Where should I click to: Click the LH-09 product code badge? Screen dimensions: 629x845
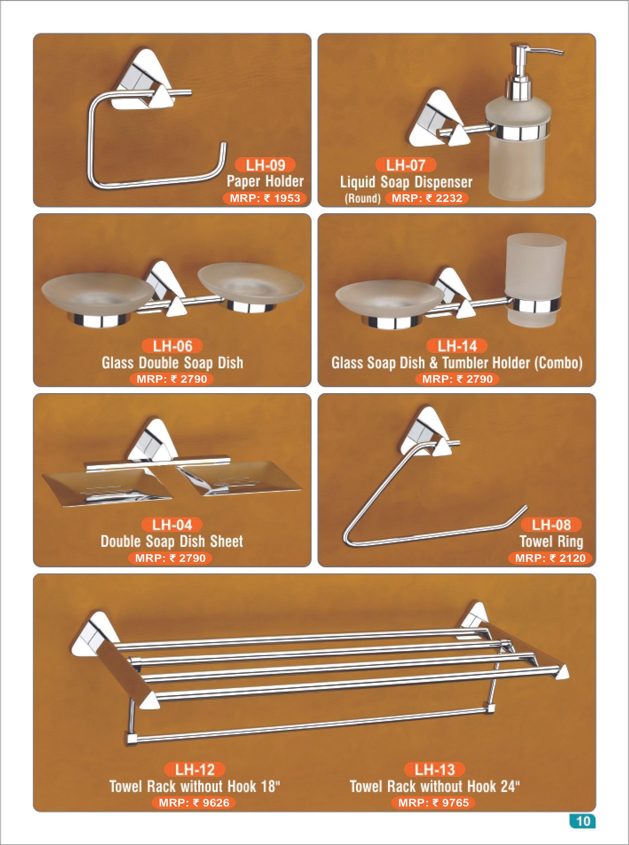265,165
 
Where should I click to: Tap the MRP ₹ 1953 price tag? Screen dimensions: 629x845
265,198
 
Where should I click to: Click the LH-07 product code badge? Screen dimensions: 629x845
406,165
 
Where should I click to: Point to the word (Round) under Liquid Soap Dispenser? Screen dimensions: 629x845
362,198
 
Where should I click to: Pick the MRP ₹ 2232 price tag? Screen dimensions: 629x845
427,198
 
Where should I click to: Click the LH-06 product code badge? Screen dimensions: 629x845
172,346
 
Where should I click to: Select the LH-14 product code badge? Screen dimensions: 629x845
457,346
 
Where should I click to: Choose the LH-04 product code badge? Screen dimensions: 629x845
172,525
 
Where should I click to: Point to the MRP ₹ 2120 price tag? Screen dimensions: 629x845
550,558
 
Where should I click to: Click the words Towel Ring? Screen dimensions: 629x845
551,541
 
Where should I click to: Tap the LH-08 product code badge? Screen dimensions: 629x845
551,525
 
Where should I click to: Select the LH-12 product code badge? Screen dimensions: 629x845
195,770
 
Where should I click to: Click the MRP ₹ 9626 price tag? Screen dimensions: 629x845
194,803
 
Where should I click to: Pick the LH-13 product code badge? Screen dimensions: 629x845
434,770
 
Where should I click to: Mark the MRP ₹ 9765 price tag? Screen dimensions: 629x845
434,803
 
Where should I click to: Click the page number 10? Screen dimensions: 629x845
583,821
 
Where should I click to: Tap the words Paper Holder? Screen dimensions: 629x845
265,181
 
